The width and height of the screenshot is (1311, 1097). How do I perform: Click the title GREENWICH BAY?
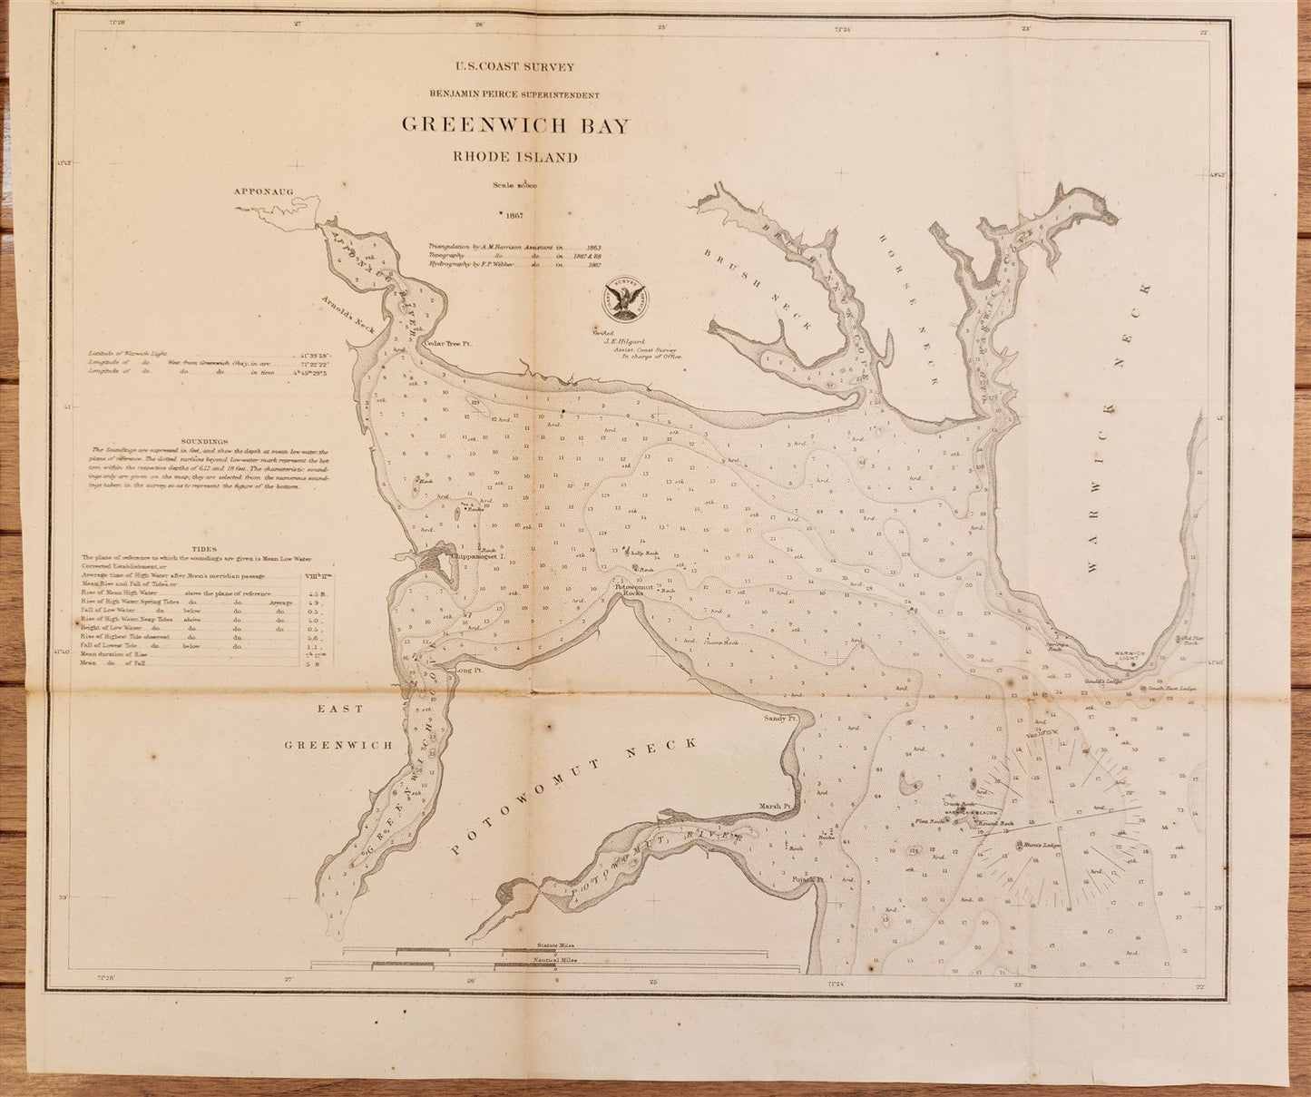pos(514,125)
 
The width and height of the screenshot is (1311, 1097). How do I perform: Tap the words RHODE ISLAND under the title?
pos(515,157)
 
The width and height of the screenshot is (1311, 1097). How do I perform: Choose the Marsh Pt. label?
pos(777,806)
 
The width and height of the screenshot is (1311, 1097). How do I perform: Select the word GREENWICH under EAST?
pos(337,745)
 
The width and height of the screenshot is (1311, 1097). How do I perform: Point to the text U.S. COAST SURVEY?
pos(514,65)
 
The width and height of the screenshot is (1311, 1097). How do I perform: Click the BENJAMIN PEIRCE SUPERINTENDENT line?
pos(514,94)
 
